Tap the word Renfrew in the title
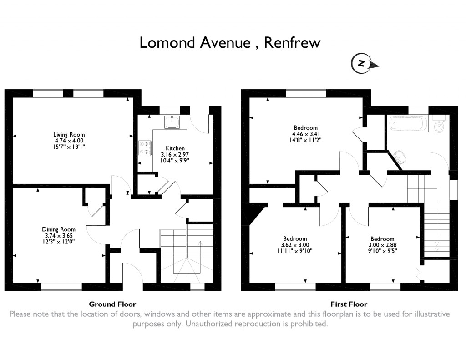point(292,43)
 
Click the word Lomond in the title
point(163,43)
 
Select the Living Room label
point(69,135)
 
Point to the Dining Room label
point(59,229)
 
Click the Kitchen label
point(175,148)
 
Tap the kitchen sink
point(173,122)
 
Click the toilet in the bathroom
point(439,125)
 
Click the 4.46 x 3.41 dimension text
point(305,134)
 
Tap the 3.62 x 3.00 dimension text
point(295,245)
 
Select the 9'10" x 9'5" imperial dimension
point(382,251)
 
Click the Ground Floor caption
point(112,304)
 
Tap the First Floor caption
point(349,304)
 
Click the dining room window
point(61,287)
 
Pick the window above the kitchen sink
point(170,110)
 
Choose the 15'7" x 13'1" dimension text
point(69,147)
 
